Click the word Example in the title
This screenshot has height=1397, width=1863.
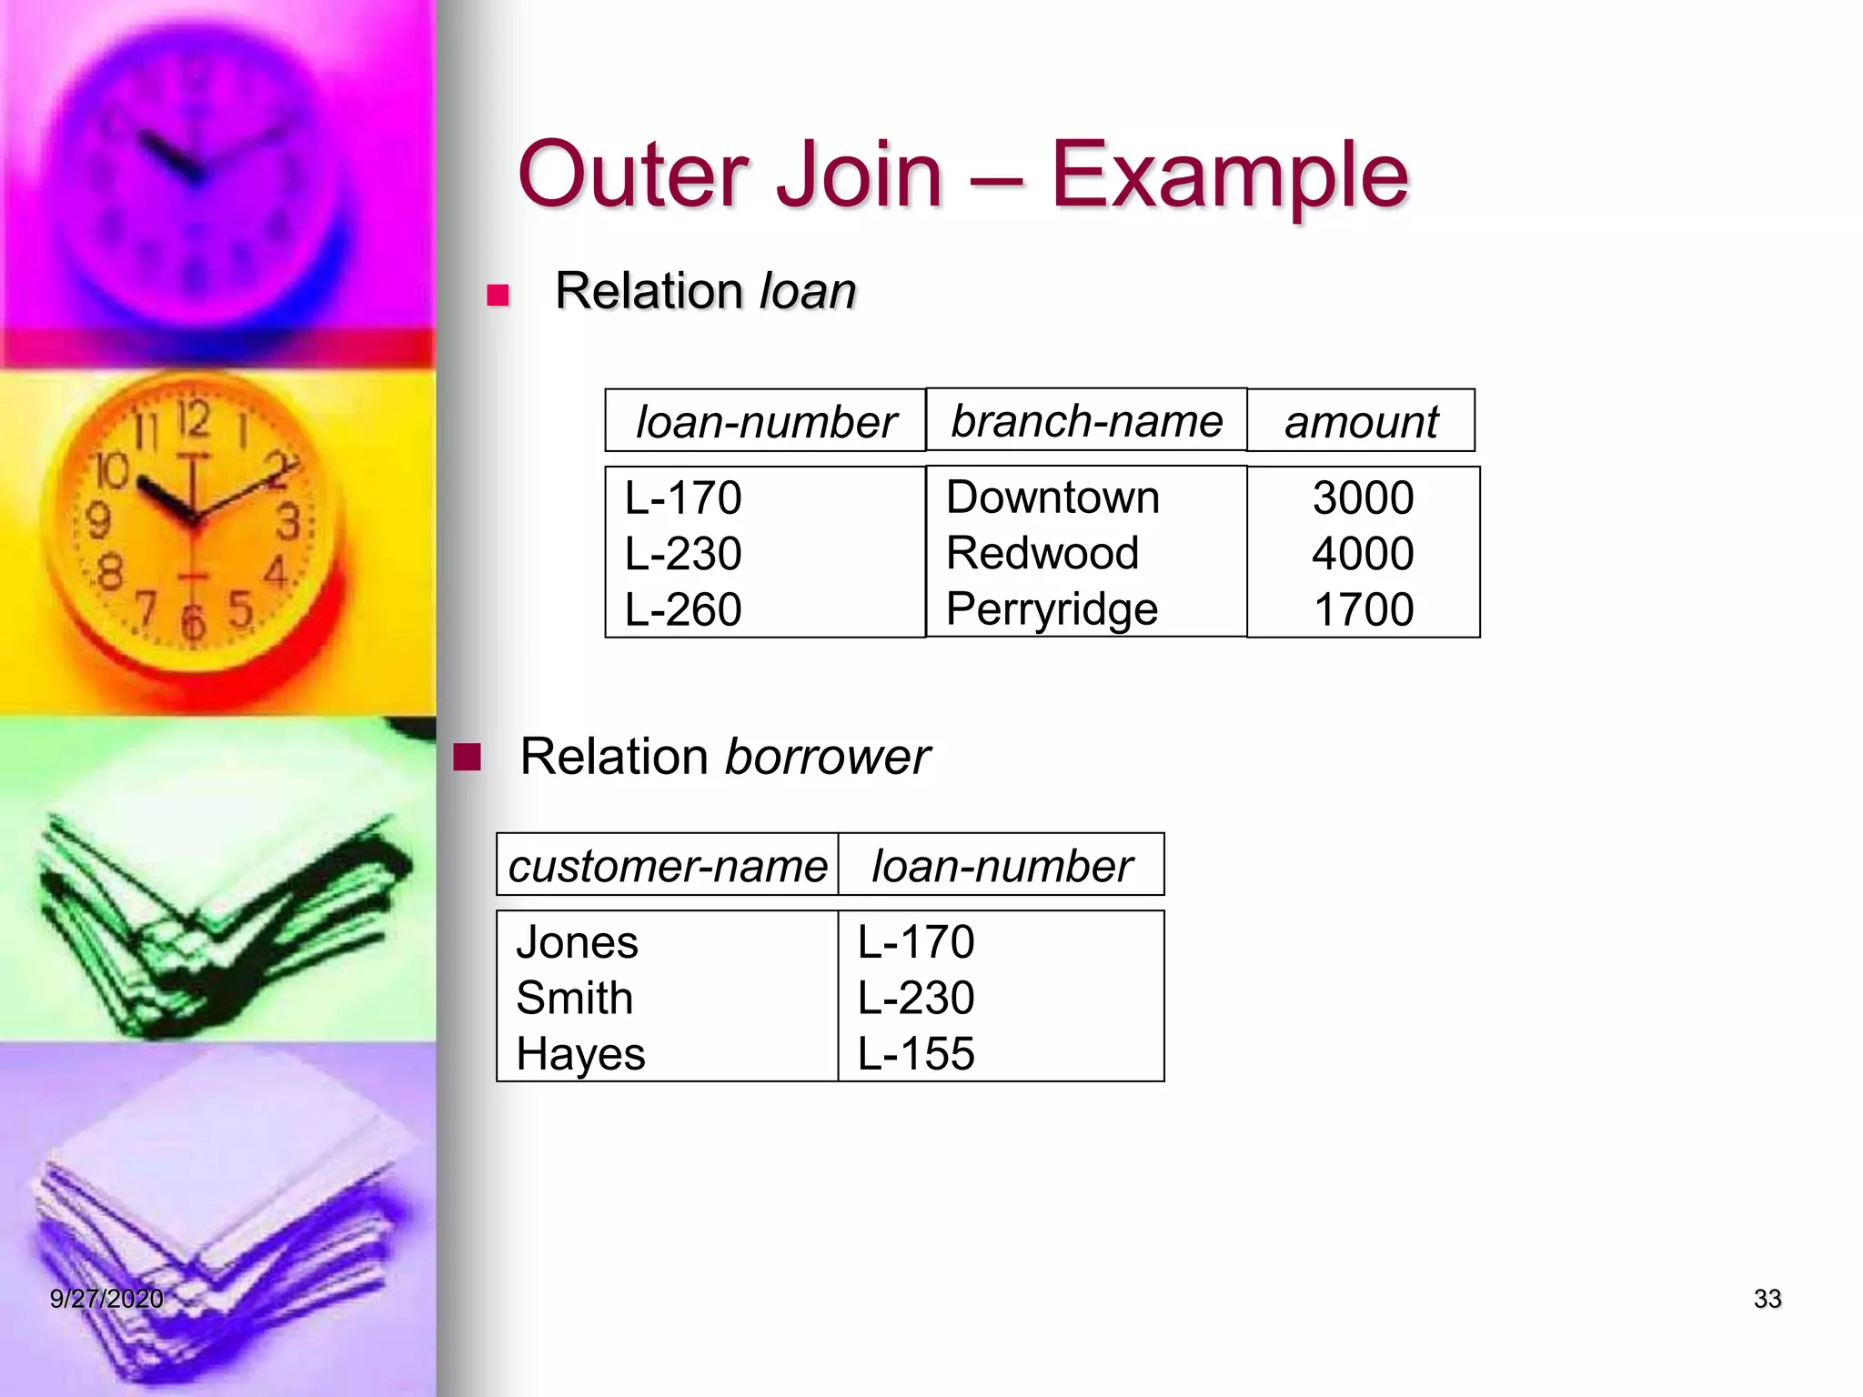coord(1230,175)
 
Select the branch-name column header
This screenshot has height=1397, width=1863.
coord(1086,421)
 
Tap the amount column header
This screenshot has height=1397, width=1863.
coord(1361,422)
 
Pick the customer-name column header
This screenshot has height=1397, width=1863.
coord(667,866)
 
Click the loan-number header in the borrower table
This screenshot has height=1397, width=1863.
coord(1002,866)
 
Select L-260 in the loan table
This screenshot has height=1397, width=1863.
coord(683,609)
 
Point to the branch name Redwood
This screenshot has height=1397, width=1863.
coord(1042,553)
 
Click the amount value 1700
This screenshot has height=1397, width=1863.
coord(1363,609)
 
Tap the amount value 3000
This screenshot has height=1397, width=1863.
coord(1363,497)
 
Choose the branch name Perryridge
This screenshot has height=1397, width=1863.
coord(1052,609)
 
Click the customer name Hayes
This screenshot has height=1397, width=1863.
coord(580,1054)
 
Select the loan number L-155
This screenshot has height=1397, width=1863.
coord(916,1054)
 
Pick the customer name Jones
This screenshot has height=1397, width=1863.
coord(577,942)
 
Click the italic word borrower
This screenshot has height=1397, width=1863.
coord(827,757)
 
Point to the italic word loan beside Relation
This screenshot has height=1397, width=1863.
coord(808,291)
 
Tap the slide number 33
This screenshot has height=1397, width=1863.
coord(1767,1299)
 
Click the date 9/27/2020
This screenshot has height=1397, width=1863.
coord(106,1299)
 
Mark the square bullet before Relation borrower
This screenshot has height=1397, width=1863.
coord(468,757)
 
